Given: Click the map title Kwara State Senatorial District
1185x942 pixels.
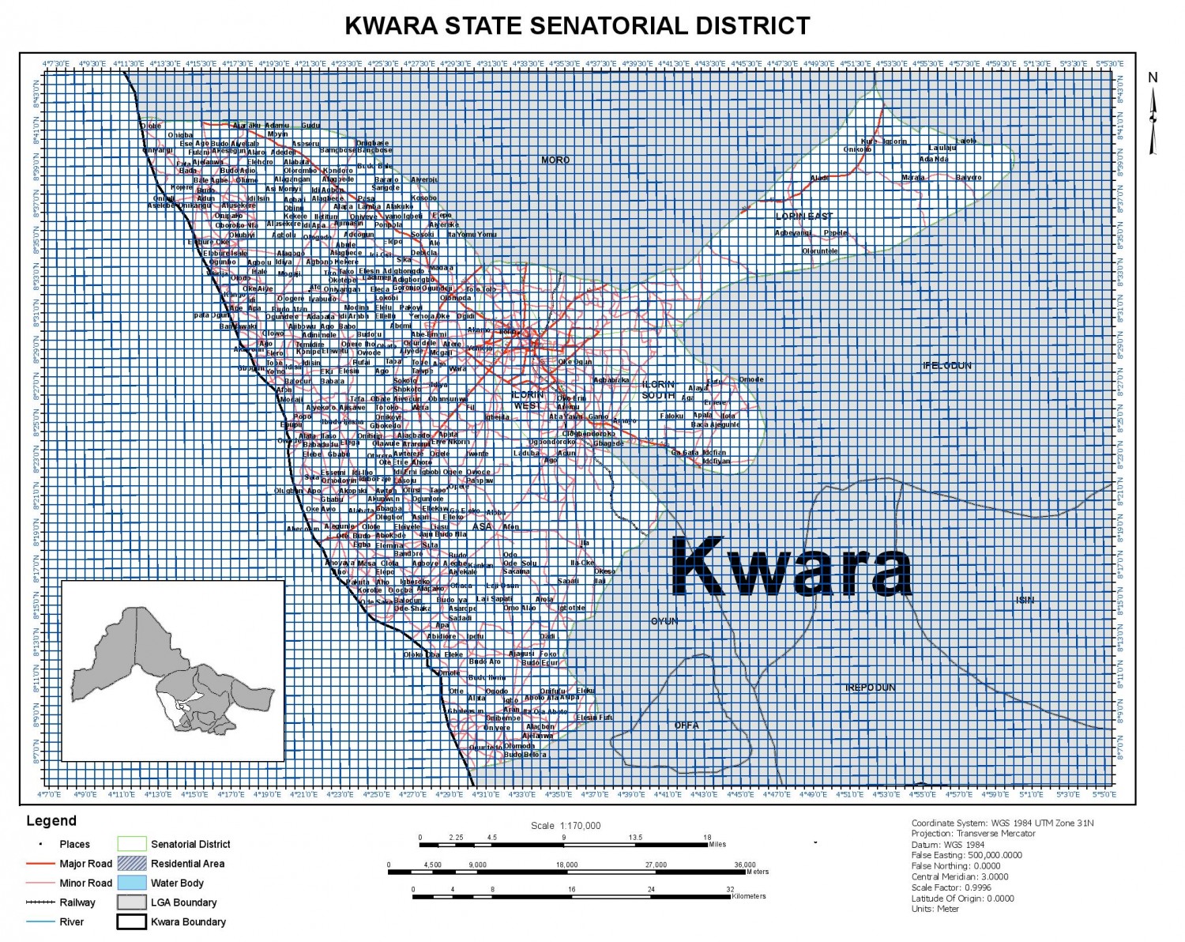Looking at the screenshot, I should [x=577, y=25].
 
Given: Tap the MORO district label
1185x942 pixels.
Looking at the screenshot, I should [x=555, y=160].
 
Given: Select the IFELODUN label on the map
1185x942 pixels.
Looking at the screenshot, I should [x=947, y=366].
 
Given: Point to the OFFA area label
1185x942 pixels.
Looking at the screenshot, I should [x=687, y=725].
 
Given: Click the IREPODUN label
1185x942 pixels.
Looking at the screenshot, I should [x=871, y=688].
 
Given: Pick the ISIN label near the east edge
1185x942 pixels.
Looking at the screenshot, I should [x=1025, y=600].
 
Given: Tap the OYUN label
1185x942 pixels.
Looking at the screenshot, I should [x=664, y=621].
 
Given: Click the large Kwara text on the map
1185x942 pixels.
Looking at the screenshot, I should [x=791, y=567].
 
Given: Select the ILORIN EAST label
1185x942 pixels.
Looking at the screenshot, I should [x=804, y=216].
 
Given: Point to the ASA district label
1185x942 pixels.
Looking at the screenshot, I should [x=482, y=526].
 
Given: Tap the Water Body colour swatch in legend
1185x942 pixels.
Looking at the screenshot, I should [x=132, y=883].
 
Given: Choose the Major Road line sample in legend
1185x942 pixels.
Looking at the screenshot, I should [x=40, y=864].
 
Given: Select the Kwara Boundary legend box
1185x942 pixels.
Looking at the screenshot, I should [x=132, y=921].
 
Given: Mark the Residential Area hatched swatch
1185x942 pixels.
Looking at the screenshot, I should [x=132, y=864].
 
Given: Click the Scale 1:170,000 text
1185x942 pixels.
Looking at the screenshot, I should [x=566, y=826].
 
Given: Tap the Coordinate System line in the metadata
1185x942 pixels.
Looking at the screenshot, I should [x=1003, y=823].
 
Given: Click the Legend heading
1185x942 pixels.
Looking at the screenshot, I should [x=51, y=821].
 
